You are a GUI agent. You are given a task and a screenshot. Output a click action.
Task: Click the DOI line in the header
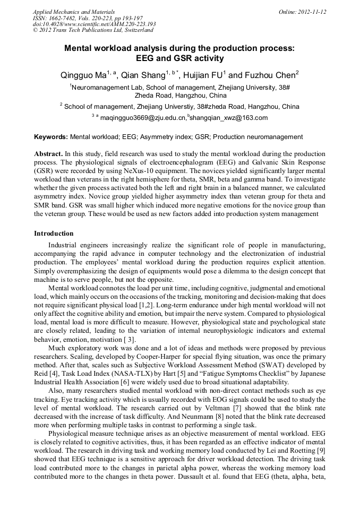94,24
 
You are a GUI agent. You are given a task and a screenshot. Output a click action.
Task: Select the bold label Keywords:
51,137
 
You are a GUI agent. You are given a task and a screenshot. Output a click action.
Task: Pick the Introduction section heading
54,234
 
